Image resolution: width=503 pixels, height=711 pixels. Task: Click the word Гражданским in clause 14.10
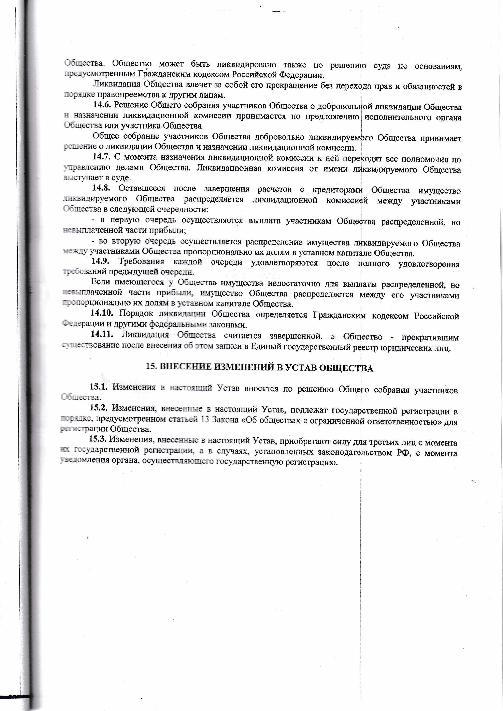[339, 315]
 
